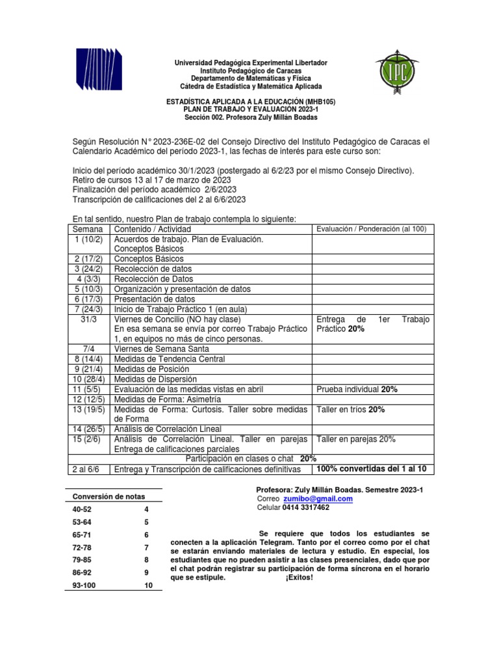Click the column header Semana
[89, 230]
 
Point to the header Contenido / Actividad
[153, 230]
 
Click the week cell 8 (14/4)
[89, 359]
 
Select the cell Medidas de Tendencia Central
[169, 359]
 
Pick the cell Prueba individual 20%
[357, 389]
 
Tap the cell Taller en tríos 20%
[351, 410]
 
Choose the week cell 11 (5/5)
[89, 389]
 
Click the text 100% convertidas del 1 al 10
[371, 469]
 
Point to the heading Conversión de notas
[109, 498]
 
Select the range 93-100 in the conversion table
[88, 585]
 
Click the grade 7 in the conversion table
[147, 547]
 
